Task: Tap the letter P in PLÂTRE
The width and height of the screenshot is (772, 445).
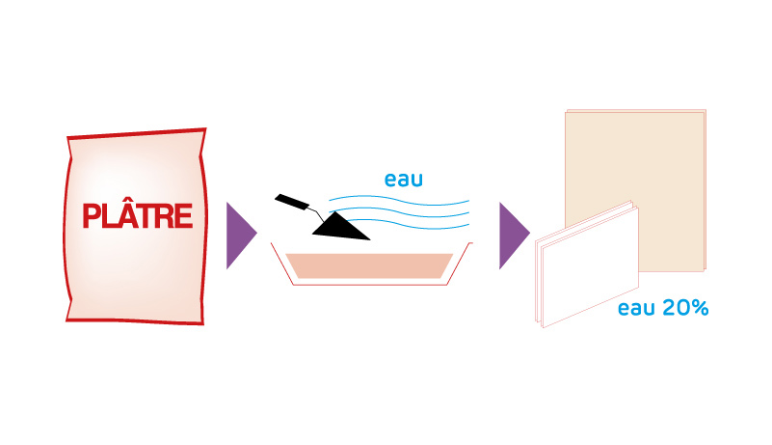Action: tap(92, 216)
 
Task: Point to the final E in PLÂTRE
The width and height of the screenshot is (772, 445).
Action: tap(183, 216)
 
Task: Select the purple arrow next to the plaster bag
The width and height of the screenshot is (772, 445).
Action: tap(241, 236)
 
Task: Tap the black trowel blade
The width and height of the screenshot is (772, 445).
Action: tap(338, 228)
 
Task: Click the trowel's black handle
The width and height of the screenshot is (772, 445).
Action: tap(292, 202)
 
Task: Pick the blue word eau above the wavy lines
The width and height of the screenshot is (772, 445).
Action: tap(403, 180)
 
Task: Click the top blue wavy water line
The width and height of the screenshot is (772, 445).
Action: tap(399, 199)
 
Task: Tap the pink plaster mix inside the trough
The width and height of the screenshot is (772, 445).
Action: tap(369, 265)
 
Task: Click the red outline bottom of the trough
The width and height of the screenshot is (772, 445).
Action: tap(370, 285)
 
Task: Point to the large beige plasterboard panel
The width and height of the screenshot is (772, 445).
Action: tap(635, 190)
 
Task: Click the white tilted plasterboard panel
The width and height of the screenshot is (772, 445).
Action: tap(587, 264)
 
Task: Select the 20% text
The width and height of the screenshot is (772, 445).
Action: tap(685, 308)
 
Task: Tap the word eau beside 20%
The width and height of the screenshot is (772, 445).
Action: tap(637, 308)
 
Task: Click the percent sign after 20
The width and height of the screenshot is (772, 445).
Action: tap(701, 308)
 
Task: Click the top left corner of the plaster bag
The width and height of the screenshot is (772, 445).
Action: tap(67, 137)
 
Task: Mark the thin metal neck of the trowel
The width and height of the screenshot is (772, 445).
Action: tap(316, 214)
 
